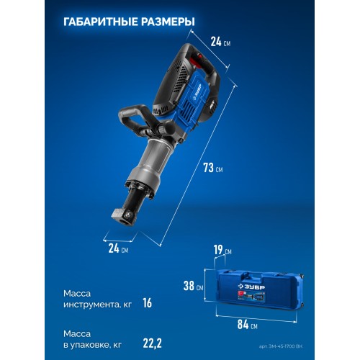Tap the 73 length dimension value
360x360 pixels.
pyautogui.click(x=210, y=168)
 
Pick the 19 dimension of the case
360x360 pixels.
pyautogui.click(x=219, y=251)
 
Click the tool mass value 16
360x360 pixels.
pyautogui.click(x=147, y=303)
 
